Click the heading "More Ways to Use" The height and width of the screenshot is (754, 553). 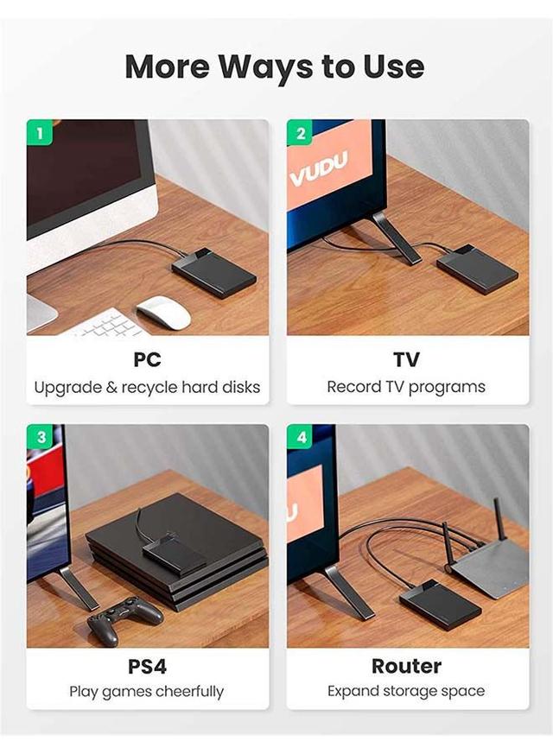click(x=275, y=67)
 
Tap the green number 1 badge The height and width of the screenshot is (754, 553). click(x=40, y=133)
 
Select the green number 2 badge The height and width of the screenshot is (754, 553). click(x=300, y=133)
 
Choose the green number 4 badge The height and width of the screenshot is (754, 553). click(x=301, y=438)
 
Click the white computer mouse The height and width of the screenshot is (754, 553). click(x=163, y=312)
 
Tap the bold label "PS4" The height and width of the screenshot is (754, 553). click(x=147, y=666)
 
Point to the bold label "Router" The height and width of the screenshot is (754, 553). click(x=406, y=666)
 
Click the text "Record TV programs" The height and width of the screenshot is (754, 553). click(x=406, y=387)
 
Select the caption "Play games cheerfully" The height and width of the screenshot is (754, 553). click(x=147, y=692)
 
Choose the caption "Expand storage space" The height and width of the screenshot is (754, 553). click(x=406, y=692)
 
